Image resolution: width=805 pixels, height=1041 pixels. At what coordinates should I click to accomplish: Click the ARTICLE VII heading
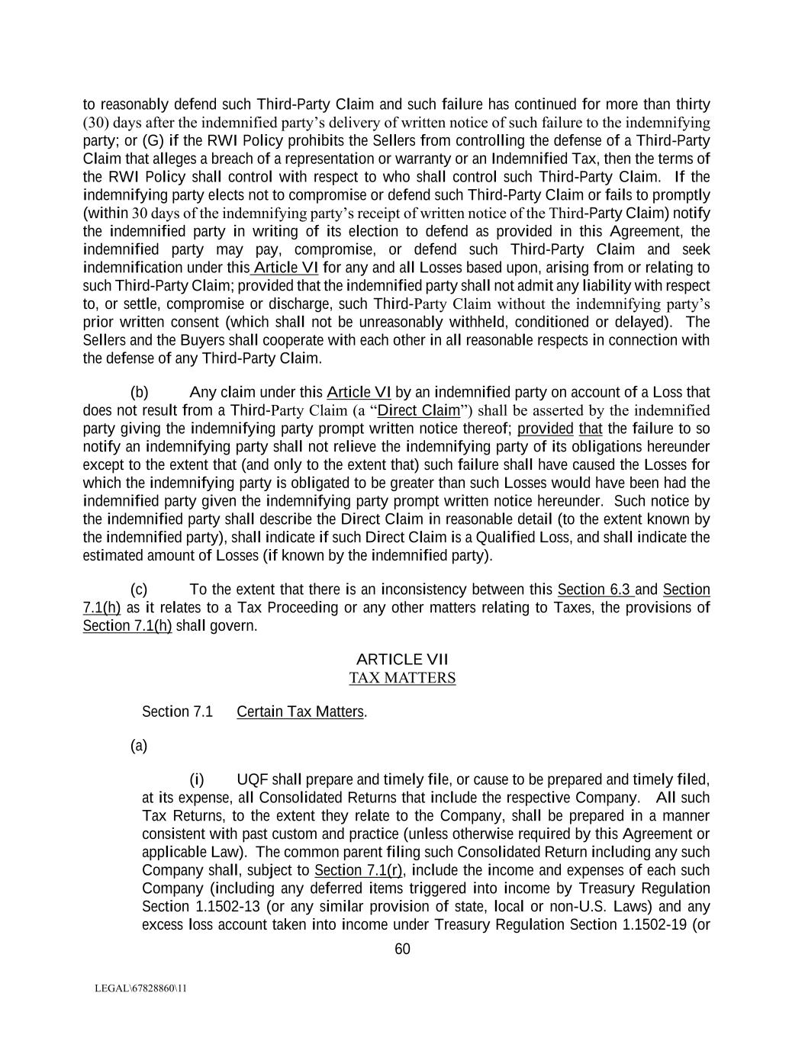point(402,659)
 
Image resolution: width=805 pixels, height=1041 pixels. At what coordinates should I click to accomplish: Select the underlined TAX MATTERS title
point(402,677)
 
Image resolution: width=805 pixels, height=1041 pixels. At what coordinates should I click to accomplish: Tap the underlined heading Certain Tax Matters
point(301,712)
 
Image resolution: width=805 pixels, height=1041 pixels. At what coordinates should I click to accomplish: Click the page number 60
point(402,949)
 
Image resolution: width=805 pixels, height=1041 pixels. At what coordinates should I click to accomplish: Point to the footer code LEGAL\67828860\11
point(140,988)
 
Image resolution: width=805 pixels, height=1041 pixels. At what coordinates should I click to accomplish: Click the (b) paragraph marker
point(139,392)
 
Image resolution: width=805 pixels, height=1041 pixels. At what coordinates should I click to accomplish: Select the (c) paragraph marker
point(139,590)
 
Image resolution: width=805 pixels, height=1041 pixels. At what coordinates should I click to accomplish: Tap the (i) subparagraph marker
point(197,779)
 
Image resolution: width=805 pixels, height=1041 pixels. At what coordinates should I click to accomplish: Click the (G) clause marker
point(153,140)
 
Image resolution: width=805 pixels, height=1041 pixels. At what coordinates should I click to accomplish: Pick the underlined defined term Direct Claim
point(419,410)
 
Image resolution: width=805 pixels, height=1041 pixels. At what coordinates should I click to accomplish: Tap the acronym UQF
point(253,779)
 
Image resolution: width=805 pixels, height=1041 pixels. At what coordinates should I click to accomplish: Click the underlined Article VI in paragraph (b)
point(359,392)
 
